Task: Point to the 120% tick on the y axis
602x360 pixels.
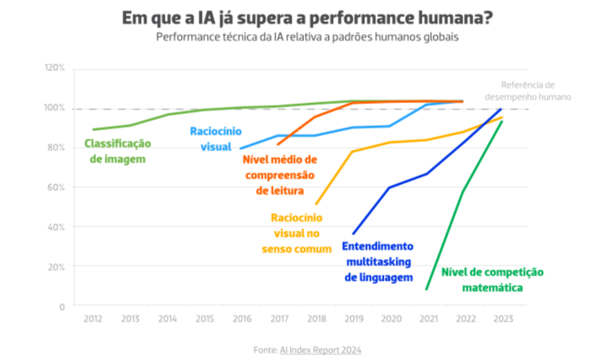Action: point(54,68)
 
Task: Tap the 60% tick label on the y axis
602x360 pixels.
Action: point(56,187)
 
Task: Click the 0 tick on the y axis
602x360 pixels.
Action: point(62,306)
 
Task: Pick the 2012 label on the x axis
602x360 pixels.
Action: point(93,319)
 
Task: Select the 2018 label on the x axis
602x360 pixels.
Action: point(316,319)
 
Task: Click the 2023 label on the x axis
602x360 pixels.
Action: point(502,319)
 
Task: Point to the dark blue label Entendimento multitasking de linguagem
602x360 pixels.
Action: point(377,261)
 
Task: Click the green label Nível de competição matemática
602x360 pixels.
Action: point(492,279)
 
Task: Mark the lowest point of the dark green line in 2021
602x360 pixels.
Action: point(427,290)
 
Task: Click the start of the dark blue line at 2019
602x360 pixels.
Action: point(353,234)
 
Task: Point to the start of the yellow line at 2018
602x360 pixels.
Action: point(315,205)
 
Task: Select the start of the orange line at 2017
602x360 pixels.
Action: point(278,145)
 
